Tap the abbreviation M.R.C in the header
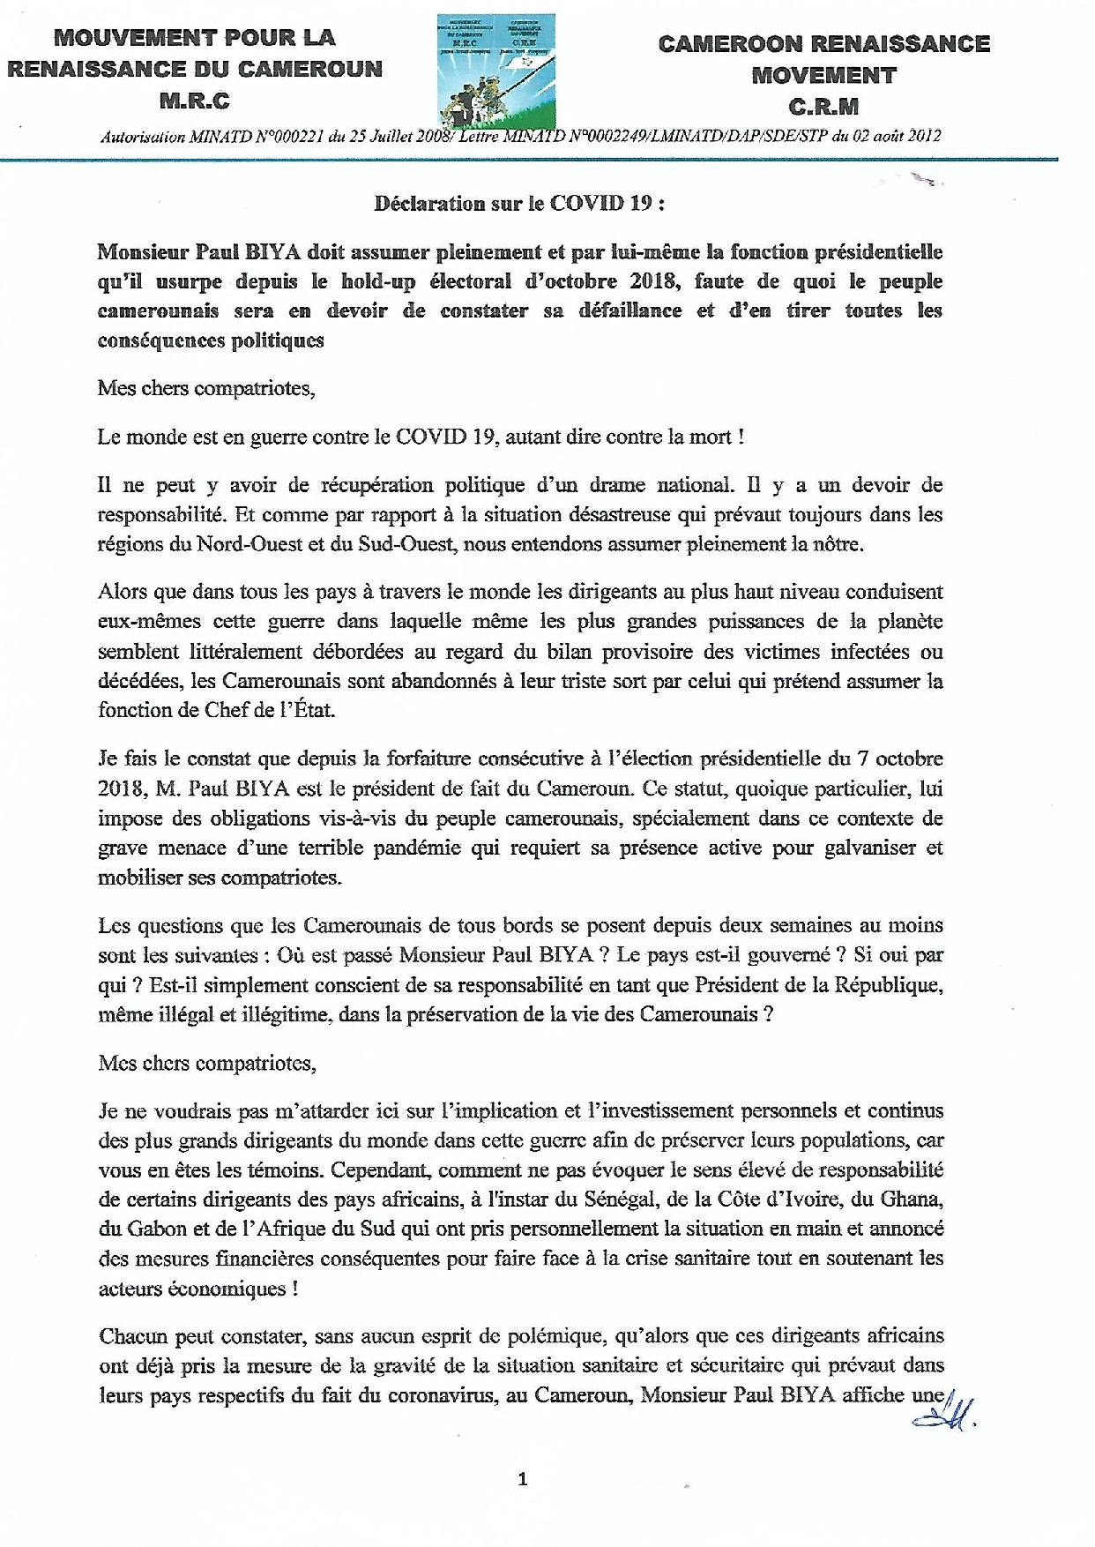coord(195,101)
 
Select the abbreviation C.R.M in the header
coord(823,107)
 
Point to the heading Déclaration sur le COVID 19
coord(519,204)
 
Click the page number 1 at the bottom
coord(523,1479)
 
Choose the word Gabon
coord(155,1229)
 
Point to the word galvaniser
coord(846,848)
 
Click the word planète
coord(909,622)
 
